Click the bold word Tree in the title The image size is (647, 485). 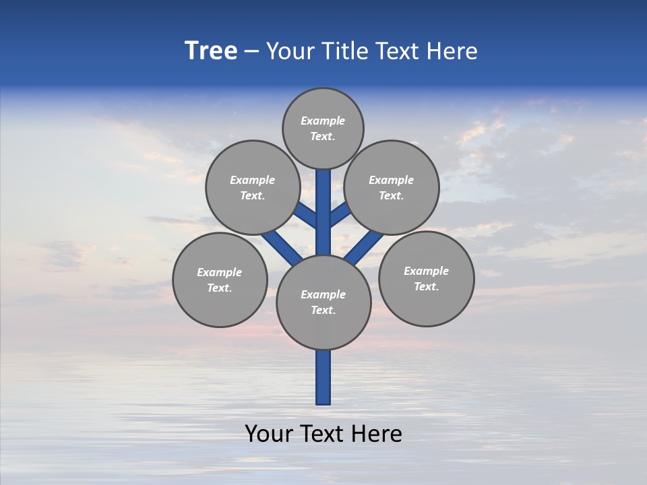(211, 51)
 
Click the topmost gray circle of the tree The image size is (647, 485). (323, 128)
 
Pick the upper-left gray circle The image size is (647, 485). (253, 187)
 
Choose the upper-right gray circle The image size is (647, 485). (392, 187)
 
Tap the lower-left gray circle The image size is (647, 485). (220, 280)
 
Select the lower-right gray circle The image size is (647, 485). (426, 278)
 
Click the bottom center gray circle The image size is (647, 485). (323, 302)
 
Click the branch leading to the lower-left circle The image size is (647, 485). (280, 245)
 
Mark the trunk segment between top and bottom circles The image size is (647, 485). (323, 216)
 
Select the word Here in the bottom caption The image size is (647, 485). (378, 434)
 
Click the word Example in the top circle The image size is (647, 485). (323, 121)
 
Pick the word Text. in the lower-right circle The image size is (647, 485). (426, 286)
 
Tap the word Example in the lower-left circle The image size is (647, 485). (220, 272)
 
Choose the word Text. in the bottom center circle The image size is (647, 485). (323, 310)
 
